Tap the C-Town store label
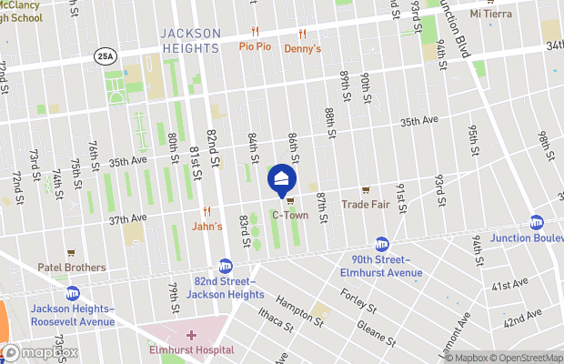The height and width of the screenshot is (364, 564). (290, 217)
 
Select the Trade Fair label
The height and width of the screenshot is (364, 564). (366, 205)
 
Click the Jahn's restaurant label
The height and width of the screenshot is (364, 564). (206, 226)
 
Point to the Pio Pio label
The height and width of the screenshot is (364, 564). (256, 45)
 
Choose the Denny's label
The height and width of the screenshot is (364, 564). (303, 48)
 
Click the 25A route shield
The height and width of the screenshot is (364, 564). (104, 56)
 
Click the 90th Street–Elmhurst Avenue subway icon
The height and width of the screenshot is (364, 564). (382, 245)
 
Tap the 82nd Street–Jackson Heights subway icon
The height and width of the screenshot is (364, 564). (225, 266)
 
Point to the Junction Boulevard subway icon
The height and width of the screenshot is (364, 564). (537, 223)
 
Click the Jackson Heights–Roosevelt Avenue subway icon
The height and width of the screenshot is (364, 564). (72, 293)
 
